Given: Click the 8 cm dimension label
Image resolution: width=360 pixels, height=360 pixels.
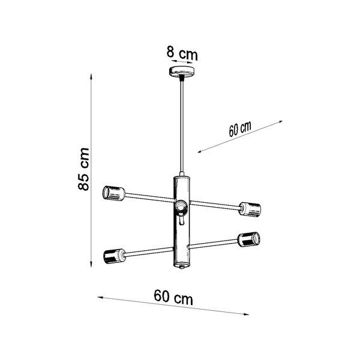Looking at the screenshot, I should pyautogui.click(x=182, y=54).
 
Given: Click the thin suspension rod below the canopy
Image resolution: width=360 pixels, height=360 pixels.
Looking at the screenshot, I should pyautogui.click(x=181, y=126).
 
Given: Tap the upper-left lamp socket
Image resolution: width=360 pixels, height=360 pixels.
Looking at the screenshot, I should pyautogui.click(x=113, y=193).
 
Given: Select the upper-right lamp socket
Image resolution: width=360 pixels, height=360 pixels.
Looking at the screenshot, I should pyautogui.click(x=251, y=209).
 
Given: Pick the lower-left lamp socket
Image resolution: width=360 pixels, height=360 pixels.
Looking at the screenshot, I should pyautogui.click(x=112, y=257).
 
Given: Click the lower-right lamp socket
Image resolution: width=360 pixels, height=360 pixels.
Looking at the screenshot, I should pyautogui.click(x=247, y=239).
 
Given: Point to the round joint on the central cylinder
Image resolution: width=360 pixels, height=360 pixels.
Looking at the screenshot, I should pyautogui.click(x=181, y=207).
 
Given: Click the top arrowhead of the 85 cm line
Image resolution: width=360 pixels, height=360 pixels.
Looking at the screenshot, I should pyautogui.click(x=91, y=76).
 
